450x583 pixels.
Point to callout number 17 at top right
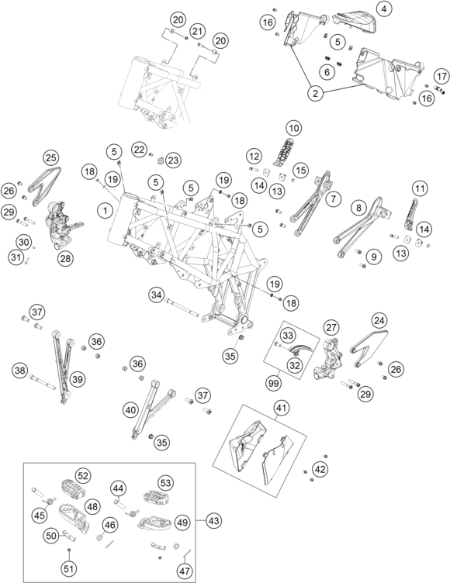441,77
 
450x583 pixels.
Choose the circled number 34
157,295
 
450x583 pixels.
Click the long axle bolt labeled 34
183,309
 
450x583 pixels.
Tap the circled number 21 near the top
197,31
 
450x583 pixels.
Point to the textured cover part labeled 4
355,22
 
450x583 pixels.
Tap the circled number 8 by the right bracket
358,208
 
